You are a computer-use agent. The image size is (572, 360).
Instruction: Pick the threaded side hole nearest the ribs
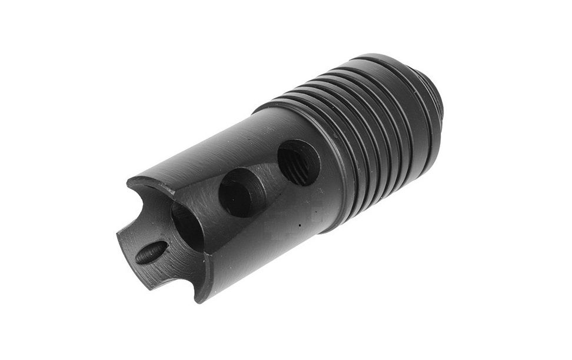tap(298, 162)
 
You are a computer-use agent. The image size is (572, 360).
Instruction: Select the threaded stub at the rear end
tap(438, 94)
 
